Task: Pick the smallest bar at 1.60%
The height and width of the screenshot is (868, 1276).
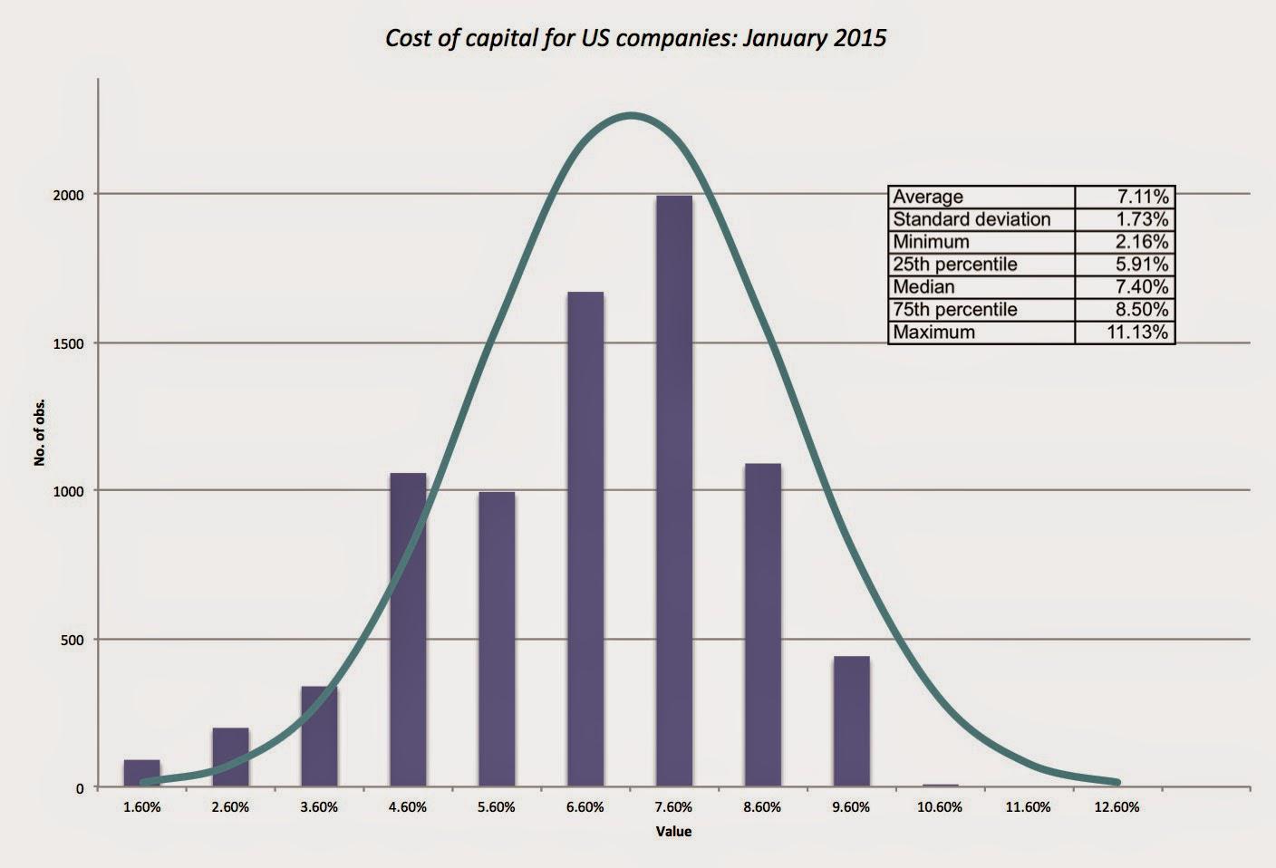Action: point(142,773)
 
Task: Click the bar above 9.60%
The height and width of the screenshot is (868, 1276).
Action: point(851,721)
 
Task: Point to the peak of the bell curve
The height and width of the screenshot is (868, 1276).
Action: point(631,115)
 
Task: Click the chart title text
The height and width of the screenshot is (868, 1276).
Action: point(635,38)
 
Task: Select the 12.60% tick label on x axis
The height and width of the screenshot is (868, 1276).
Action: point(1116,807)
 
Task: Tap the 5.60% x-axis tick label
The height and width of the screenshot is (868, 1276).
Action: point(497,807)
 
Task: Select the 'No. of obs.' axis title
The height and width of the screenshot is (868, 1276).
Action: point(39,432)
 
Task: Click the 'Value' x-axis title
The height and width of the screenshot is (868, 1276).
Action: point(673,831)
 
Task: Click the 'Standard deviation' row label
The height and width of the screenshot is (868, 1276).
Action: point(971,219)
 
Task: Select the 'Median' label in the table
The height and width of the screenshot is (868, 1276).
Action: point(923,286)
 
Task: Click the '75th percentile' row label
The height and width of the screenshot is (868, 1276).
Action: point(954,309)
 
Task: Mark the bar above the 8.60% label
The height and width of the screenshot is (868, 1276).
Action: point(762,625)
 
